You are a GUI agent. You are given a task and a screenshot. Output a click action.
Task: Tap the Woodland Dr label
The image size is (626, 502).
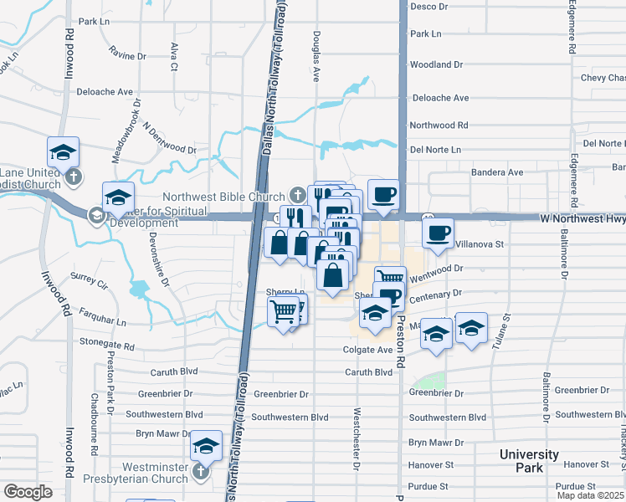436,64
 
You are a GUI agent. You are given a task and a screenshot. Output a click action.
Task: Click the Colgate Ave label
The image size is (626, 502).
367,350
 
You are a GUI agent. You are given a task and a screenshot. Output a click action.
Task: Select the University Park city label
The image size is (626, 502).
529,461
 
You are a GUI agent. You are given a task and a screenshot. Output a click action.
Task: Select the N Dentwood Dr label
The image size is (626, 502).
169,140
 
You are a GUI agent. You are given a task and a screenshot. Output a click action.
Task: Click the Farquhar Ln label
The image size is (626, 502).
97,321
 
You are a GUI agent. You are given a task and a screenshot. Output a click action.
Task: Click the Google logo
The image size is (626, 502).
28,492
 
